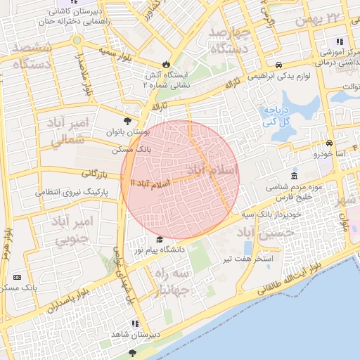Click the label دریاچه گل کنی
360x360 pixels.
click(278, 116)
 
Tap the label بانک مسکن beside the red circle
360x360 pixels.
click(131, 150)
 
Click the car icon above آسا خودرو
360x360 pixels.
click(329, 142)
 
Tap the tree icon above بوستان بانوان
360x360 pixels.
click(127, 121)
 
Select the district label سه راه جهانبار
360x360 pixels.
click(172, 281)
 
